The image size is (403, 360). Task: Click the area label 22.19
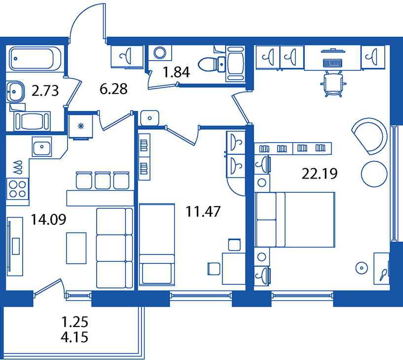pos(319,174)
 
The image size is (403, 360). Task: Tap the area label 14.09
pos(48,219)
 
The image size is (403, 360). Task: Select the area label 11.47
pos(203,212)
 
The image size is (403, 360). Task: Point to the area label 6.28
pos(113,89)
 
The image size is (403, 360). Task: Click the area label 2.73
pos(45,90)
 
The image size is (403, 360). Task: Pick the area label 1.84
pos(176,72)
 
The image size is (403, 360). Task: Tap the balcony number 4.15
pos(74,337)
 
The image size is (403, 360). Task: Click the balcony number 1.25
pos(75,322)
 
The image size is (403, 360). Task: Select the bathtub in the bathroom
pos(35,59)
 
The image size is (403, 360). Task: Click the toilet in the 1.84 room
pos(212,64)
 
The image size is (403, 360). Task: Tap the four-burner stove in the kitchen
pos(17,189)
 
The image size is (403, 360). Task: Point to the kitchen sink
pos(41,147)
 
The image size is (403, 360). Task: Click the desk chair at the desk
pos(333,84)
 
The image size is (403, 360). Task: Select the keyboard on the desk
pos(332,63)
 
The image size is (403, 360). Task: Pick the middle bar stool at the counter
pos(103,180)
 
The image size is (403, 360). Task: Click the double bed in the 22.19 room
pos(294,220)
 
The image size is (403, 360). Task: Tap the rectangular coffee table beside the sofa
pos(76,248)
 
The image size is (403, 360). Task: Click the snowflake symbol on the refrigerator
pos(81,126)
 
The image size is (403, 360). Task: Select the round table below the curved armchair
pos(374,174)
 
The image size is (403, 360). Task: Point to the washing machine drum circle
pos(160,53)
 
